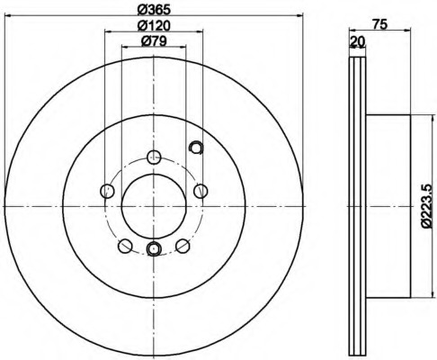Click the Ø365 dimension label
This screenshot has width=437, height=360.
click(154, 10)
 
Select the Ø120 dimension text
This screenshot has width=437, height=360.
click(154, 26)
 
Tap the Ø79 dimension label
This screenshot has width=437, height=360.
click(154, 41)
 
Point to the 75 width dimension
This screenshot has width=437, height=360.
click(379, 24)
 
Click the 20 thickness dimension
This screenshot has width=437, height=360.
click(358, 41)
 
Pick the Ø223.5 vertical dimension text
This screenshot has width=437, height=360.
click(427, 206)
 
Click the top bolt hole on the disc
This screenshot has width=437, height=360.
click(154, 157)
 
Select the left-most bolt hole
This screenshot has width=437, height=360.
click(107, 191)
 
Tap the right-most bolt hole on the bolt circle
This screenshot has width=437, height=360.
click(201, 191)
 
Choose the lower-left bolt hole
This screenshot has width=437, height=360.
click(125, 246)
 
